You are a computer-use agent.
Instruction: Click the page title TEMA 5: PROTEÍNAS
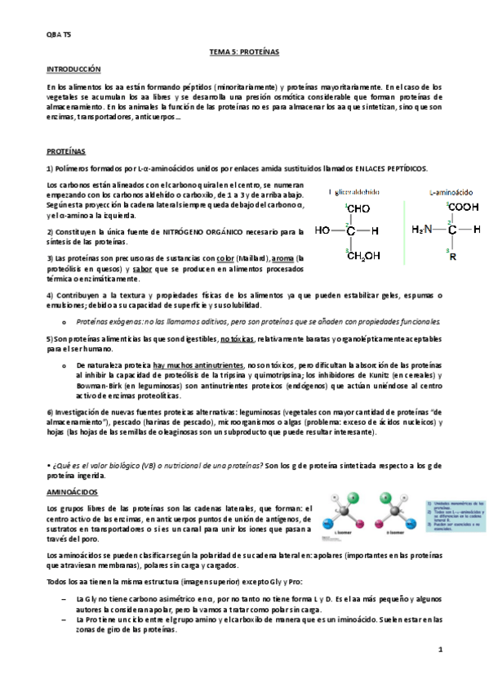pos(244,51)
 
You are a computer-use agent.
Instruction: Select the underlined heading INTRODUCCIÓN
pos(73,69)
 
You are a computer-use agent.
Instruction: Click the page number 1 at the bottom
pos(439,650)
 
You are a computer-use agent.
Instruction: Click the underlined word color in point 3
pos(225,258)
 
